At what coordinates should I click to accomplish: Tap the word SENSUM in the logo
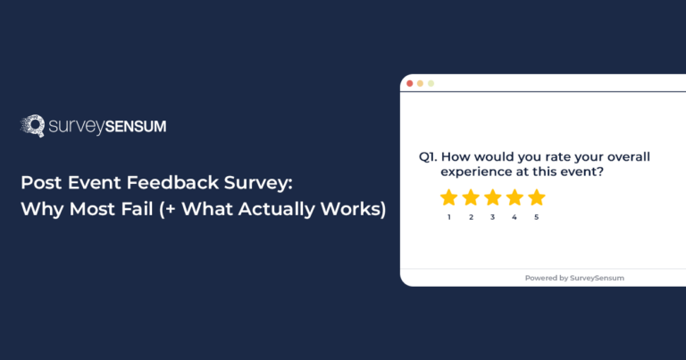click(134, 127)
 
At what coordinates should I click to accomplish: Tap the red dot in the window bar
click(410, 83)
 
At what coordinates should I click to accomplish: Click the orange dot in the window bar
click(421, 83)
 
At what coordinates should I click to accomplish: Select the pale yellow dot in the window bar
click(431, 83)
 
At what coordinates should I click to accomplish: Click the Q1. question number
click(429, 157)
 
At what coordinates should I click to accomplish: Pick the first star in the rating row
click(448, 197)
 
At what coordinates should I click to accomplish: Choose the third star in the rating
click(492, 197)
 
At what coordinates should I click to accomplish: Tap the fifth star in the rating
click(536, 197)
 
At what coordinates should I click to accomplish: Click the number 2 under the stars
click(471, 217)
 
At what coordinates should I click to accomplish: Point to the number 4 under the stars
click(514, 217)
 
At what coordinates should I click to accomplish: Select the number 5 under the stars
click(536, 217)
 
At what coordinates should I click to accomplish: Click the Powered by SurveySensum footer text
click(574, 278)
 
